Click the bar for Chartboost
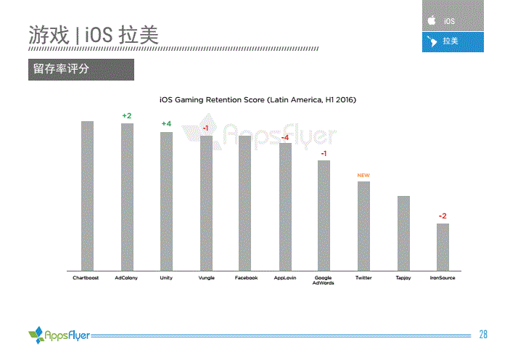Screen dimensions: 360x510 87,195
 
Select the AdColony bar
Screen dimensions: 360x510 127,197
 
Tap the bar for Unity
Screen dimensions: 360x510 166,201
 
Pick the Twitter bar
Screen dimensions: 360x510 363,226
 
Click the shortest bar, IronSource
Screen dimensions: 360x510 443,247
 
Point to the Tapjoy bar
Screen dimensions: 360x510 403,233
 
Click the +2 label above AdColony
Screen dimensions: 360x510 127,116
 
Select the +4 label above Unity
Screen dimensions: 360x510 166,124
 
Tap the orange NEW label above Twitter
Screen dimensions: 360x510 363,176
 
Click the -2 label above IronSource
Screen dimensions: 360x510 443,216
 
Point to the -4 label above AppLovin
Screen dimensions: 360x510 285,137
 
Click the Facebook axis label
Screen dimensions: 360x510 246,278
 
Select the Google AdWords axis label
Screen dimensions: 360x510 324,280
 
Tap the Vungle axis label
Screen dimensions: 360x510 206,278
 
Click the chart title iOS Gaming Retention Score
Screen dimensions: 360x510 258,99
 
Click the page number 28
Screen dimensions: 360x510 483,335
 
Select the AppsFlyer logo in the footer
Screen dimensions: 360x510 59,335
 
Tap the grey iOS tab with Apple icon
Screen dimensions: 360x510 453,21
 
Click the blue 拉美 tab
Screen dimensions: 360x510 453,41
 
